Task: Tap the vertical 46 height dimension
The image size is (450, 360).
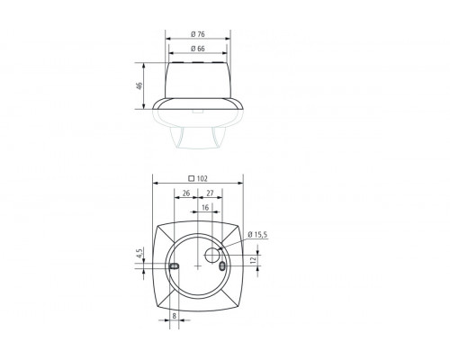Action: point(139,86)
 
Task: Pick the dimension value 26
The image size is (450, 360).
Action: point(185,193)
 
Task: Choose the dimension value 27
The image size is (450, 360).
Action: point(210,193)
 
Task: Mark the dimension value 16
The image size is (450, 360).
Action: point(205,208)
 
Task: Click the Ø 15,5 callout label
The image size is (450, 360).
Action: point(257,235)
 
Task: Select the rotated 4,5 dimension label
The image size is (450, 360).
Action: point(139,256)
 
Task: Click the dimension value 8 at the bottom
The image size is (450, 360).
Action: point(174,316)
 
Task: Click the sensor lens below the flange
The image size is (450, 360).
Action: point(198,135)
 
